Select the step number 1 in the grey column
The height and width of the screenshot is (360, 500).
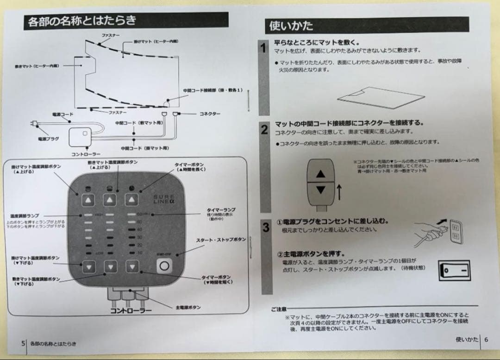coord(263,48)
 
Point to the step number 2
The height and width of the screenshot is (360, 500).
coord(264,130)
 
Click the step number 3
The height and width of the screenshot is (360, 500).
coord(266,227)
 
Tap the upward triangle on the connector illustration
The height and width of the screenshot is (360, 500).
coord(321,174)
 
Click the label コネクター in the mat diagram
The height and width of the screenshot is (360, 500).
coord(210,114)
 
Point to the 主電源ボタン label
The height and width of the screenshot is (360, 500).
coord(188,307)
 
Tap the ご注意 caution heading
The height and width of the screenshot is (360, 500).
coord(279,309)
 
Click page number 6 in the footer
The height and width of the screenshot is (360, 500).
coord(486,339)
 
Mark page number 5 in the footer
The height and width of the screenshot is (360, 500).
coord(23,343)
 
